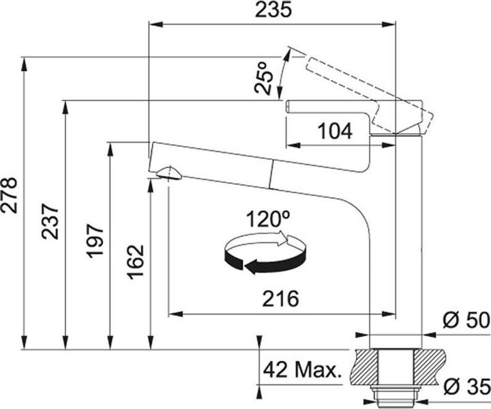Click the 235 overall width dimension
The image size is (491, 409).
pos(273,10)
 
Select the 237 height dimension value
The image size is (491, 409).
pos(50,221)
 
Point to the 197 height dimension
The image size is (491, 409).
pos(95,240)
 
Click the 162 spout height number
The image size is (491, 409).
pos(135,262)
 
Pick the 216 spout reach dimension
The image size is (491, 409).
pos(280,298)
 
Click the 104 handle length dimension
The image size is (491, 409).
pos(335,131)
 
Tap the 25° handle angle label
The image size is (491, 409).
pos(264,78)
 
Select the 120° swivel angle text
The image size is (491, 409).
pos(268,218)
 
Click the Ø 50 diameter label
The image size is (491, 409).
pos(466,320)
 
